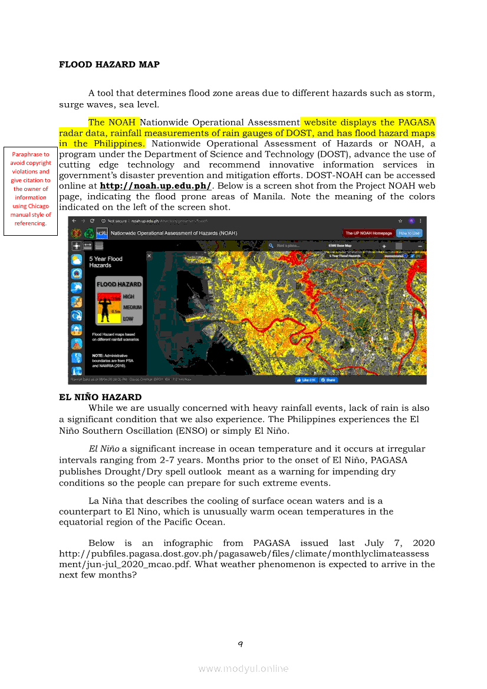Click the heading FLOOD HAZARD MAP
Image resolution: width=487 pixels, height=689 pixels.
pos(109,64)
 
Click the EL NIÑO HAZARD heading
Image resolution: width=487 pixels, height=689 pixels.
pos(100,397)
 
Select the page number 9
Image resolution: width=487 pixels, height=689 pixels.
pos(241,644)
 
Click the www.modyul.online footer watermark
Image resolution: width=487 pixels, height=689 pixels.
pos(244,668)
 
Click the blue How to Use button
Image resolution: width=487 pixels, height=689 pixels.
pos(409,233)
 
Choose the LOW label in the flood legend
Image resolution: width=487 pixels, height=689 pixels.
pos(128,318)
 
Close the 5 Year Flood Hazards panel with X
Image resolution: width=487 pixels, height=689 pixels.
pos(149,256)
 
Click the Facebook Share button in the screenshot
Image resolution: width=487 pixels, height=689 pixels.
pos(328,380)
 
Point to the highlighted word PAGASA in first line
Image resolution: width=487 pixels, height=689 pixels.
pos(416,123)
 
